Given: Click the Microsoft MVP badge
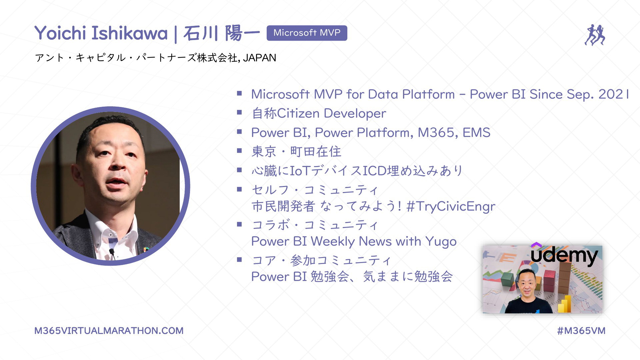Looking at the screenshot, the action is (307, 33).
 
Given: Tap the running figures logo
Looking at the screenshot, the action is (595, 35).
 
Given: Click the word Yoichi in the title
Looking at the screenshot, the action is (60, 33).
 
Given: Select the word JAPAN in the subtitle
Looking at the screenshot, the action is (260, 58).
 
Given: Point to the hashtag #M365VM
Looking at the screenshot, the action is (581, 331).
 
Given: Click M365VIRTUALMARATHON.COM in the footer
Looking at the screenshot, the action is (109, 331).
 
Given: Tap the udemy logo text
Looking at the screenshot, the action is (564, 256).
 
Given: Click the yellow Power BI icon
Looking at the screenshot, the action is (565, 304).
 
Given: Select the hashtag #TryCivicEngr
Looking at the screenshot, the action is (451, 207).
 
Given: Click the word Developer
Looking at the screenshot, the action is (355, 114).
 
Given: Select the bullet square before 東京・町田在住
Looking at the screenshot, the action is (239, 151).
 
